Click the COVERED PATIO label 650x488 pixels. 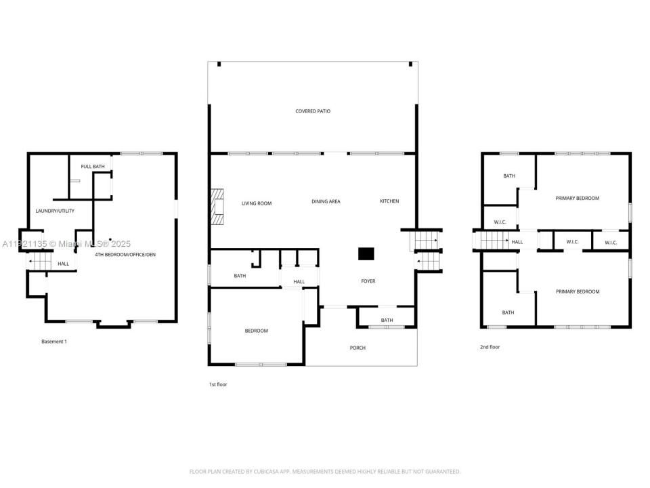pyautogui.click(x=313, y=111)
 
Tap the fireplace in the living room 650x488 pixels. pyautogui.click(x=217, y=207)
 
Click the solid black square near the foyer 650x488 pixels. pyautogui.click(x=366, y=254)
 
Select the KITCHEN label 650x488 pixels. pyautogui.click(x=389, y=201)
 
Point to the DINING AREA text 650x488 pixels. pyautogui.click(x=326, y=201)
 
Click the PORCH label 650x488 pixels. pyautogui.click(x=357, y=348)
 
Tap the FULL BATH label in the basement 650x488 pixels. pyautogui.click(x=93, y=167)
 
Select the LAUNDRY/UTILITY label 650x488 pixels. pyautogui.click(x=55, y=211)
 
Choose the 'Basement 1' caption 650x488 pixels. pyautogui.click(x=54, y=342)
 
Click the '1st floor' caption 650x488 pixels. pyautogui.click(x=217, y=384)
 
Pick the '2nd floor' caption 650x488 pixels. pyautogui.click(x=490, y=347)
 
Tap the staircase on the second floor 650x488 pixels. pyautogui.click(x=494, y=240)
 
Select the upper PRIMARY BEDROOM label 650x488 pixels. pyautogui.click(x=578, y=199)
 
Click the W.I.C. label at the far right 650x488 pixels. pyautogui.click(x=611, y=242)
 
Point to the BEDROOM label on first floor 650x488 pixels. pyautogui.click(x=257, y=331)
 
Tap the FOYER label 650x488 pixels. pyautogui.click(x=368, y=281)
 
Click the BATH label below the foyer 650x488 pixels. pyautogui.click(x=387, y=321)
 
